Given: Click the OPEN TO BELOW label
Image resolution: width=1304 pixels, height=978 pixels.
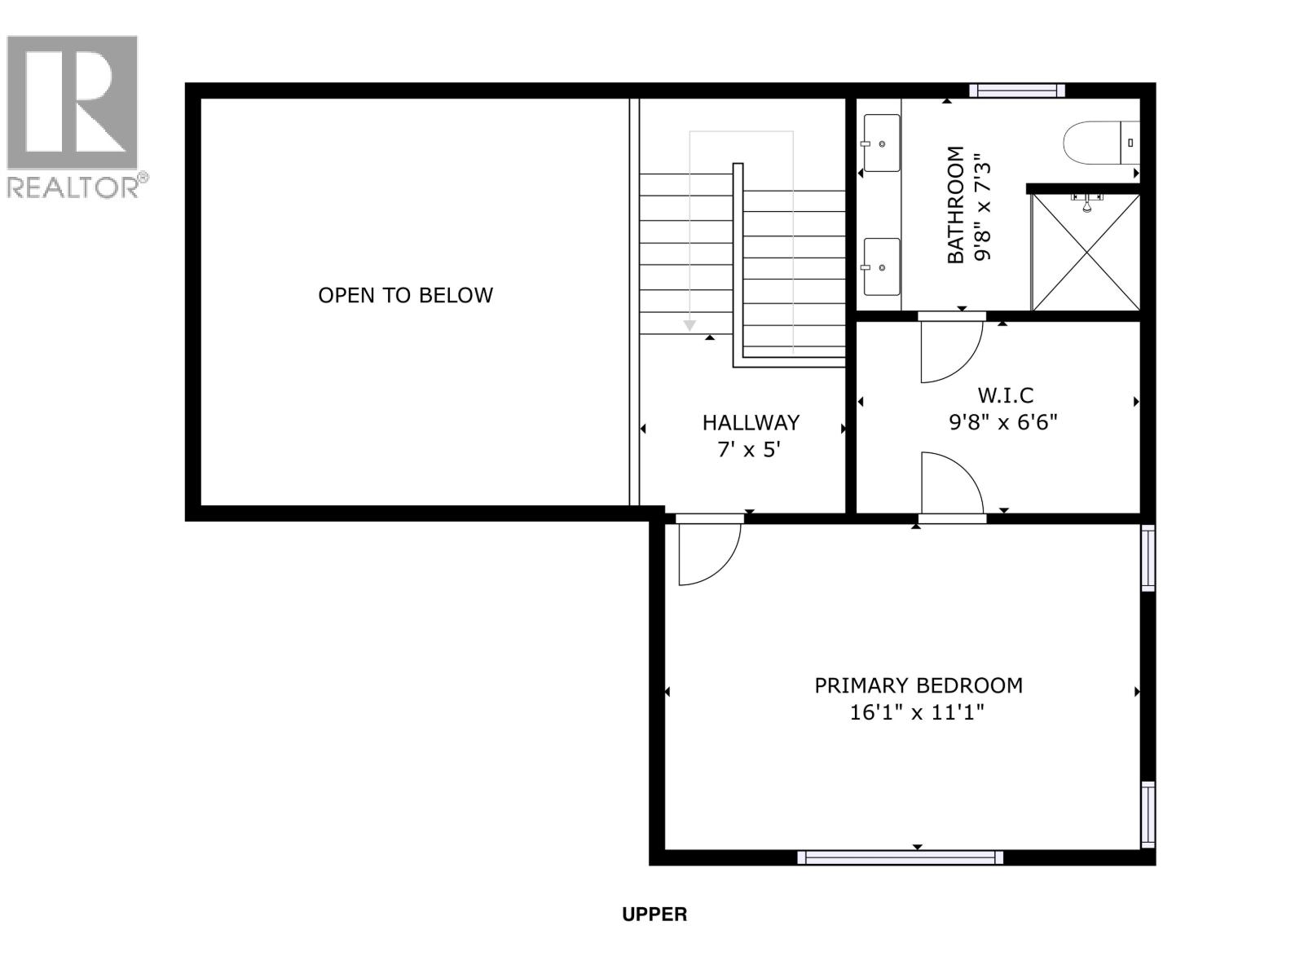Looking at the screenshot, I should click(405, 295).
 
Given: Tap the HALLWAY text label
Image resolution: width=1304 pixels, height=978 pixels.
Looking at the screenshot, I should click(751, 422).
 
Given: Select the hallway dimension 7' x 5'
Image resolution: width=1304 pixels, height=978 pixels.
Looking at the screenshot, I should click(749, 449).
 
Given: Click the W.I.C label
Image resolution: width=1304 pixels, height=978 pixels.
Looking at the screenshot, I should click(1005, 395).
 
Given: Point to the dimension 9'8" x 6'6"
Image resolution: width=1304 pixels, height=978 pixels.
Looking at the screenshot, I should click(1003, 422).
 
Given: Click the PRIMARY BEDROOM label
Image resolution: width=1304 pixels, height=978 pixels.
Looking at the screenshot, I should click(919, 685).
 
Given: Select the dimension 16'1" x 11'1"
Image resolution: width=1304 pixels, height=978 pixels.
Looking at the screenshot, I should click(917, 713).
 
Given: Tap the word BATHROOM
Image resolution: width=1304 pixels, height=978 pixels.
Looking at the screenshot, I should click(955, 205).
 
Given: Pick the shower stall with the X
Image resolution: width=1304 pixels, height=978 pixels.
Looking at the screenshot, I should click(1086, 252).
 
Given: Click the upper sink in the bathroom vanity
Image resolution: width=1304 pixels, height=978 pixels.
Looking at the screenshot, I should click(881, 143).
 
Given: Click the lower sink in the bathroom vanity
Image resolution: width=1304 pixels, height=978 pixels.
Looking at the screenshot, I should click(881, 267).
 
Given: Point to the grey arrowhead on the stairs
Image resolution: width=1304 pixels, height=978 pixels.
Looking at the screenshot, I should click(689, 325).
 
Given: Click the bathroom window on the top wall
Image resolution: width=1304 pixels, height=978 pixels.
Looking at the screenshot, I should click(1016, 90).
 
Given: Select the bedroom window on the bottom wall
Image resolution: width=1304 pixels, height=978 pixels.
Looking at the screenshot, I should click(900, 857).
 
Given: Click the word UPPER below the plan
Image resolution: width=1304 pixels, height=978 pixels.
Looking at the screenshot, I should click(654, 914).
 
